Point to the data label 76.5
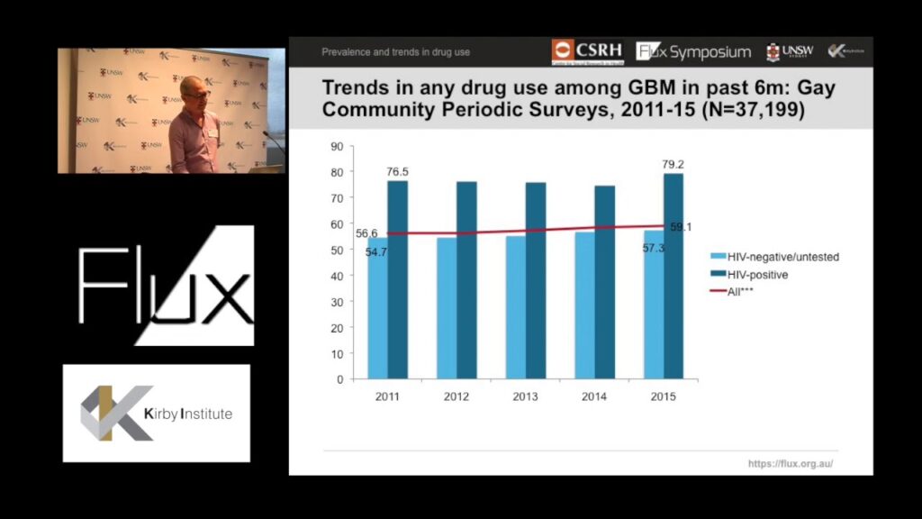tap(397, 171)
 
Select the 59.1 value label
tap(682, 227)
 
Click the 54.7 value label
tap(376, 251)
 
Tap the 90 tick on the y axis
tap(338, 146)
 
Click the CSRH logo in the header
tap(587, 51)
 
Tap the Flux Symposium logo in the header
tap(693, 51)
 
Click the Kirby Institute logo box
tap(157, 414)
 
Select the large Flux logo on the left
tap(167, 286)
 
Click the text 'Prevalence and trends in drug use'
tap(396, 52)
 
